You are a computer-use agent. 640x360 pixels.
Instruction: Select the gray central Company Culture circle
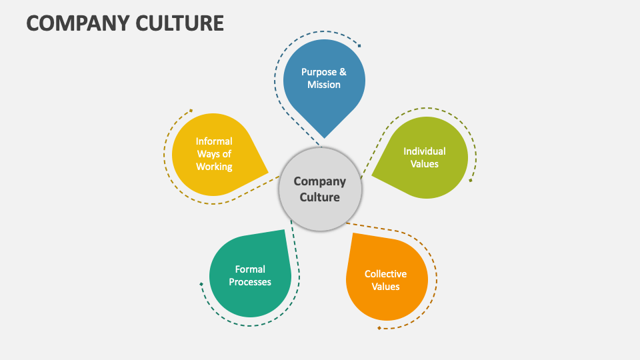point(320,189)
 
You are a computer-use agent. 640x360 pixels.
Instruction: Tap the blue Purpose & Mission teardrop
point(324,87)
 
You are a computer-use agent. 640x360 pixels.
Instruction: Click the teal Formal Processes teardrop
point(251,274)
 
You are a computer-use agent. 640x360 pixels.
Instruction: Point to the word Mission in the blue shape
point(324,85)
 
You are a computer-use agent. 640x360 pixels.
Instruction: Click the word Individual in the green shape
point(425,151)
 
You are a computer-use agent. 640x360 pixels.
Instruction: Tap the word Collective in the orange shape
point(385,274)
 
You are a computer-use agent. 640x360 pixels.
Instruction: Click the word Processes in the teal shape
point(250,282)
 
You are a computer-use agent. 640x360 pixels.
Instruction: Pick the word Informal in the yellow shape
point(214,141)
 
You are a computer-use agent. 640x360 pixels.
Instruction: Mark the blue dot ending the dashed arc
point(359,46)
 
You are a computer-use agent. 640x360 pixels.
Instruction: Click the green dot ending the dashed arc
point(471,180)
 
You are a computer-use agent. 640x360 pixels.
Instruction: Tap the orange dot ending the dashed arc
point(379,328)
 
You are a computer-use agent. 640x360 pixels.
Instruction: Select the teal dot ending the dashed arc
point(201,285)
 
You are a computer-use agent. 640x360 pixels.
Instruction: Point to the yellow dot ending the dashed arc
point(191,111)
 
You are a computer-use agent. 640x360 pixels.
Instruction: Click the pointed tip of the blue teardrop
point(323,137)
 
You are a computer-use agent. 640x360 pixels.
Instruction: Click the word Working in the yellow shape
point(214,167)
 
